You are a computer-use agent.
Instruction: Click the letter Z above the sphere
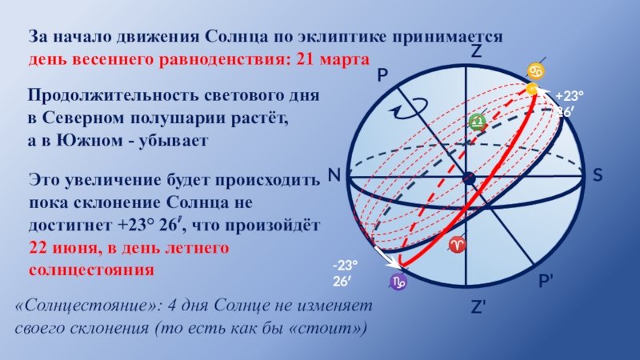click(x=476, y=51)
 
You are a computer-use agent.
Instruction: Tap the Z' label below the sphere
click(x=478, y=307)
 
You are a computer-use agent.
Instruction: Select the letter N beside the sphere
click(x=334, y=175)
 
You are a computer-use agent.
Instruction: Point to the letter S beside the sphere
click(x=598, y=175)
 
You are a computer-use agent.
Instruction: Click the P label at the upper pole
click(x=382, y=75)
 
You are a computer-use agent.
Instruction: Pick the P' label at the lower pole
click(x=546, y=281)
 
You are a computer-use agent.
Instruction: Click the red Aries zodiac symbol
click(x=457, y=245)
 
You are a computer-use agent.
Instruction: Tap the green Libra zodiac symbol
click(x=477, y=122)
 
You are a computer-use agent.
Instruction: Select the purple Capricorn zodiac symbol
click(x=398, y=282)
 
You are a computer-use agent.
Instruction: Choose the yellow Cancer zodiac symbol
click(x=535, y=71)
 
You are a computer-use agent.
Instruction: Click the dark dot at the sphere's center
click(x=470, y=178)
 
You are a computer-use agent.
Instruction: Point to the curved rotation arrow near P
click(x=408, y=109)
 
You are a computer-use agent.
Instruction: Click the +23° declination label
click(x=569, y=96)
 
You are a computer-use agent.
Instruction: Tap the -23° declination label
click(x=345, y=266)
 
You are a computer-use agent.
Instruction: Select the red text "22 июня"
click(x=65, y=248)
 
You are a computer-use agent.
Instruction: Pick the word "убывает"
click(x=174, y=141)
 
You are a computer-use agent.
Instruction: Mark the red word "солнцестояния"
click(x=91, y=270)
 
